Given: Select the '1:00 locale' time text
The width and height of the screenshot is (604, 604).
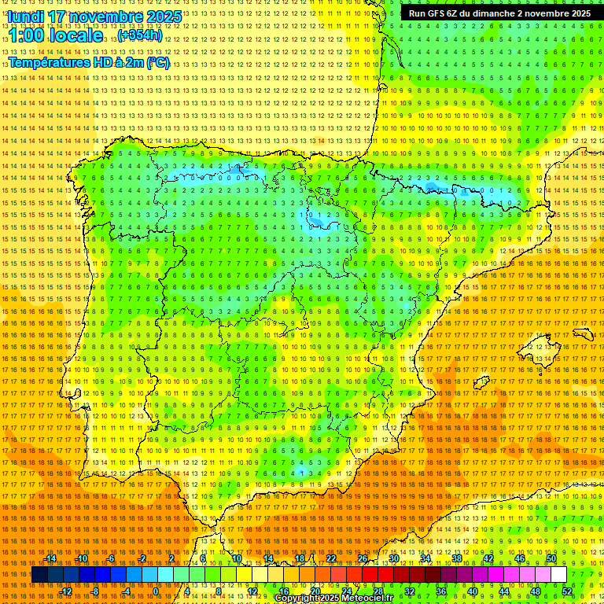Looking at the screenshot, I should [55, 35].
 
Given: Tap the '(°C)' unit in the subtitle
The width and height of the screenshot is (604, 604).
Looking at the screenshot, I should [157, 63].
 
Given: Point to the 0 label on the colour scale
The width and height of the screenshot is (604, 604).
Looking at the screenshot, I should [156, 591].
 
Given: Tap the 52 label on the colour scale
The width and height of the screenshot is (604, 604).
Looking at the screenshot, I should [567, 591].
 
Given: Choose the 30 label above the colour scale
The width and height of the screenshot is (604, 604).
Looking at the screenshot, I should [393, 558].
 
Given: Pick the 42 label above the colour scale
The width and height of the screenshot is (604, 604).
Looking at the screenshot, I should [488, 558].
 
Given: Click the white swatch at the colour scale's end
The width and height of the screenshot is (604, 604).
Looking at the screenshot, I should [558, 575].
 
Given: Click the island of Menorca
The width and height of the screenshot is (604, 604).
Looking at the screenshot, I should [582, 332].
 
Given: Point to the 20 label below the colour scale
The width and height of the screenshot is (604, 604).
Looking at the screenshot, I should [315, 591].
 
